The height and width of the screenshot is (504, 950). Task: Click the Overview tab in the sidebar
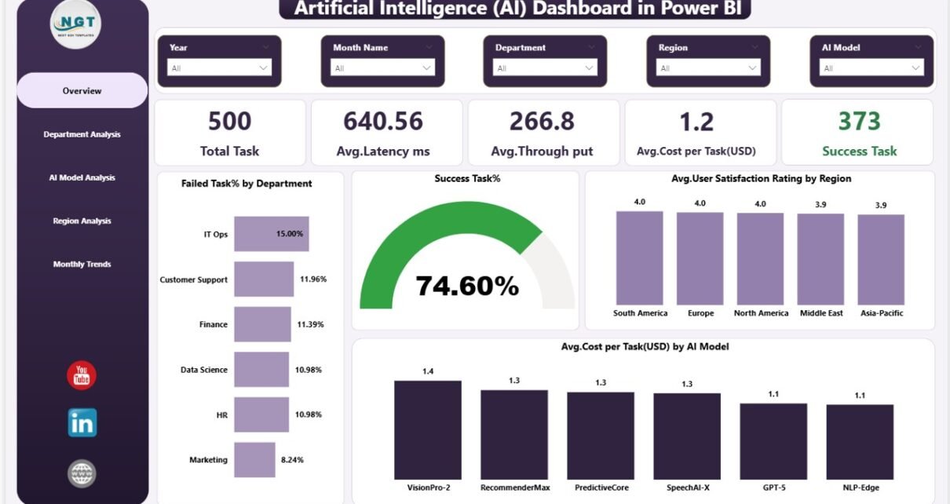[x=82, y=91]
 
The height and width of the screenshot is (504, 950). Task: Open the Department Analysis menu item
[x=82, y=134]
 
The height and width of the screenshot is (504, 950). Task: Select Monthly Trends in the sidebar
[x=82, y=265]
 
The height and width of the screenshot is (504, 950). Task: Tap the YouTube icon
[x=82, y=376]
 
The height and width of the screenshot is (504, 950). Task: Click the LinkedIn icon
[x=82, y=423]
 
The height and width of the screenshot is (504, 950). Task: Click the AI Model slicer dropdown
[x=871, y=68]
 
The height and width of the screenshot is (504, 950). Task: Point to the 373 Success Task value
[x=858, y=121]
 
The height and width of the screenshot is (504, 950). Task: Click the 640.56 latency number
[x=383, y=121]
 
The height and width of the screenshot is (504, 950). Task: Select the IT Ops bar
[x=272, y=234]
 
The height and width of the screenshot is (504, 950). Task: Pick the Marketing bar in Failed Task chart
[x=254, y=460]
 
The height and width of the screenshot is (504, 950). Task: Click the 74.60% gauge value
[x=467, y=286]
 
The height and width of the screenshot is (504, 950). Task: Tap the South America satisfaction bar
[x=639, y=257]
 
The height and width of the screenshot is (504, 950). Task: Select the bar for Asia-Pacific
[x=881, y=259]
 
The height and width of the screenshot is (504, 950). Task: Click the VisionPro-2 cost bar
[x=428, y=429]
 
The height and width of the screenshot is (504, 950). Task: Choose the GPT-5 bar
[x=773, y=440]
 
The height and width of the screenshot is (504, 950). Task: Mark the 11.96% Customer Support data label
[x=312, y=279]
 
